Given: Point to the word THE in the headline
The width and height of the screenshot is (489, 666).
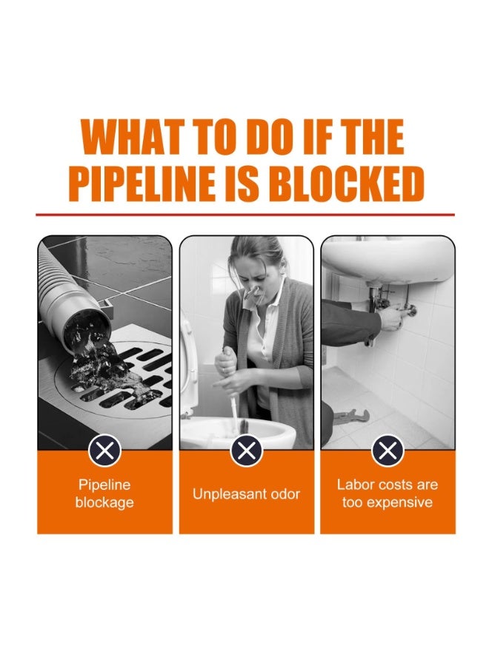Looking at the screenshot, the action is (373, 136).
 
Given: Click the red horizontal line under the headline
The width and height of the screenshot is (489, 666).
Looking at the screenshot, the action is (245, 215).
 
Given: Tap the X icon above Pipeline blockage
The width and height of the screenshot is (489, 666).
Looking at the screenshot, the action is (104, 450).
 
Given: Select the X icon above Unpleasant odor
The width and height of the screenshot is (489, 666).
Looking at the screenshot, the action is (246, 450).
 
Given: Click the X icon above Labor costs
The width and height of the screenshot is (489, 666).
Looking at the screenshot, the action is (387, 450).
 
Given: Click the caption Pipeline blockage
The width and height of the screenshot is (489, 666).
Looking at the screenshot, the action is (104, 494).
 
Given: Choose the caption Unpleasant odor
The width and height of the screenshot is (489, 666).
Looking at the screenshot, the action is (246, 494).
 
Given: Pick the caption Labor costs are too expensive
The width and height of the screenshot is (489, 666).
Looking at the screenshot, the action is (387, 494).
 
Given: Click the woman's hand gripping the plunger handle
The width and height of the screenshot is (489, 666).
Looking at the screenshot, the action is (225, 361).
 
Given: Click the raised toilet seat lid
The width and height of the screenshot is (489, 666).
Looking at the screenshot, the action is (188, 366).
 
